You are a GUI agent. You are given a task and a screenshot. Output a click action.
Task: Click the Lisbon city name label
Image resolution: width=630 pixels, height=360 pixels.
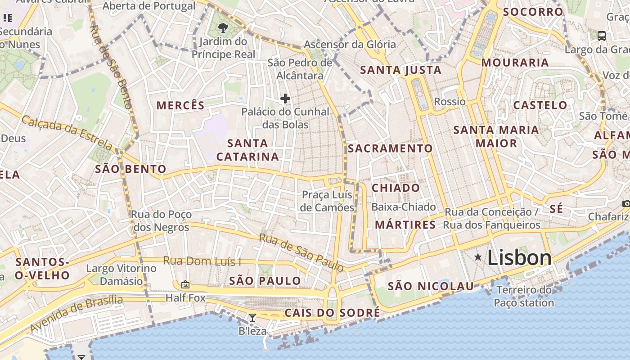(519, 258)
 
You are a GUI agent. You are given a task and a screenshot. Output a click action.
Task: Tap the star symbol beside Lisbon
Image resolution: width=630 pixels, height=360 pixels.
(478, 257)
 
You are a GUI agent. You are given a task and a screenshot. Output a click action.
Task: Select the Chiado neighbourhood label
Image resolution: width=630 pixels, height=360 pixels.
(396, 188)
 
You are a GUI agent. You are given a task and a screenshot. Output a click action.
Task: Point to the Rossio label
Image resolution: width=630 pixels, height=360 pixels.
(450, 102)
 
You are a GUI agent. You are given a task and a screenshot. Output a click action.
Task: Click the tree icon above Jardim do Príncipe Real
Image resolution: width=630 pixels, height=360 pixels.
(223, 28)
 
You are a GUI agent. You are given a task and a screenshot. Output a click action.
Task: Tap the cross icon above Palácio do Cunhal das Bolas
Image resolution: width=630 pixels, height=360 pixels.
(285, 99)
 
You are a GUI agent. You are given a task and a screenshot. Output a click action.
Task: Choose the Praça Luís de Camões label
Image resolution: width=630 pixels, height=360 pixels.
(327, 201)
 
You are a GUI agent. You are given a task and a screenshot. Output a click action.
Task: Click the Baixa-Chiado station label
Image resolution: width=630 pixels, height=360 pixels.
(404, 207)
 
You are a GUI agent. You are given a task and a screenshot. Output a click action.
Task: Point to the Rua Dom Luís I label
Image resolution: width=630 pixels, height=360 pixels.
(202, 261)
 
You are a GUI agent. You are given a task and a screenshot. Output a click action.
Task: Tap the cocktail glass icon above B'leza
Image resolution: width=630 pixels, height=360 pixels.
(252, 318)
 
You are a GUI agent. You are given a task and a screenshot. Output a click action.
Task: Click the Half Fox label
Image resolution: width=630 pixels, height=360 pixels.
(185, 298)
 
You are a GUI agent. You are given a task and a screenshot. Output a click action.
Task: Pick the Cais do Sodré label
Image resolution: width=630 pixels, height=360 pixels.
(332, 313)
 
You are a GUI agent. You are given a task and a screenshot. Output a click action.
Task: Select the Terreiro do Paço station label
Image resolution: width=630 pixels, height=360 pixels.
(524, 296)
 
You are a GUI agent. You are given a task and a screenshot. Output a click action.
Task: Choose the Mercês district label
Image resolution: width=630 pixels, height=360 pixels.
(180, 105)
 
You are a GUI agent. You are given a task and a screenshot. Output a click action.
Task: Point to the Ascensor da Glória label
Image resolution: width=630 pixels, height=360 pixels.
(350, 45)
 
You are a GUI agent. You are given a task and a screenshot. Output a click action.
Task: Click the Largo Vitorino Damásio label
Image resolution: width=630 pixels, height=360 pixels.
(121, 274)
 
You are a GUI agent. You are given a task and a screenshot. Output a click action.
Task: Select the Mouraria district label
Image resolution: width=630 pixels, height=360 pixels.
(515, 63)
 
